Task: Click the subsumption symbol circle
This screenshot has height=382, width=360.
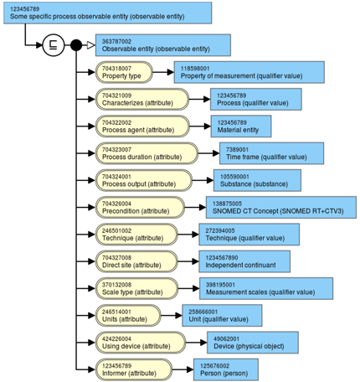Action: [54, 45]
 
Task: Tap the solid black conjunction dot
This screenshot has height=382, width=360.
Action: [76, 45]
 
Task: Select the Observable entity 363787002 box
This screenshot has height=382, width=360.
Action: [163, 45]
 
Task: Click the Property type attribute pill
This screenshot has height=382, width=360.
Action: [124, 72]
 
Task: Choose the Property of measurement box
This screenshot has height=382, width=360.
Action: [249, 72]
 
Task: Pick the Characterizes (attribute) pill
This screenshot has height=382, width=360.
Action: [142, 99]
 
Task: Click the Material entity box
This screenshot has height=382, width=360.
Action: [241, 126]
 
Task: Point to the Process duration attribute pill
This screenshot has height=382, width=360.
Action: [147, 153]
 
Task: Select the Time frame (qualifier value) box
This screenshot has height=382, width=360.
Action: [272, 153]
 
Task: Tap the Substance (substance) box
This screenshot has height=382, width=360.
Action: [257, 180]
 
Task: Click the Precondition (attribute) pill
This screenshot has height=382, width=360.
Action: [140, 208]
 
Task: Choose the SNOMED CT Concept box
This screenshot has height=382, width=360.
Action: [281, 208]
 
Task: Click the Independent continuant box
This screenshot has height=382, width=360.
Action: [244, 261]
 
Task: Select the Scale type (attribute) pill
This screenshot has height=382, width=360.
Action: [136, 288]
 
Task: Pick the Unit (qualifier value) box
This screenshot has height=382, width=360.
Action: [222, 316]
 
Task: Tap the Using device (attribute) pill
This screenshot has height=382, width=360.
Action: [141, 343]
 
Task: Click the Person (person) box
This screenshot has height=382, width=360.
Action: [226, 369]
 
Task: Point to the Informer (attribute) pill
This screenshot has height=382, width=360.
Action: [134, 369]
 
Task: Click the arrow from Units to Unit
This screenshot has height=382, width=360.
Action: [172, 316]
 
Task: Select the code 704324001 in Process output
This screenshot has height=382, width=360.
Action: [116, 177]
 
